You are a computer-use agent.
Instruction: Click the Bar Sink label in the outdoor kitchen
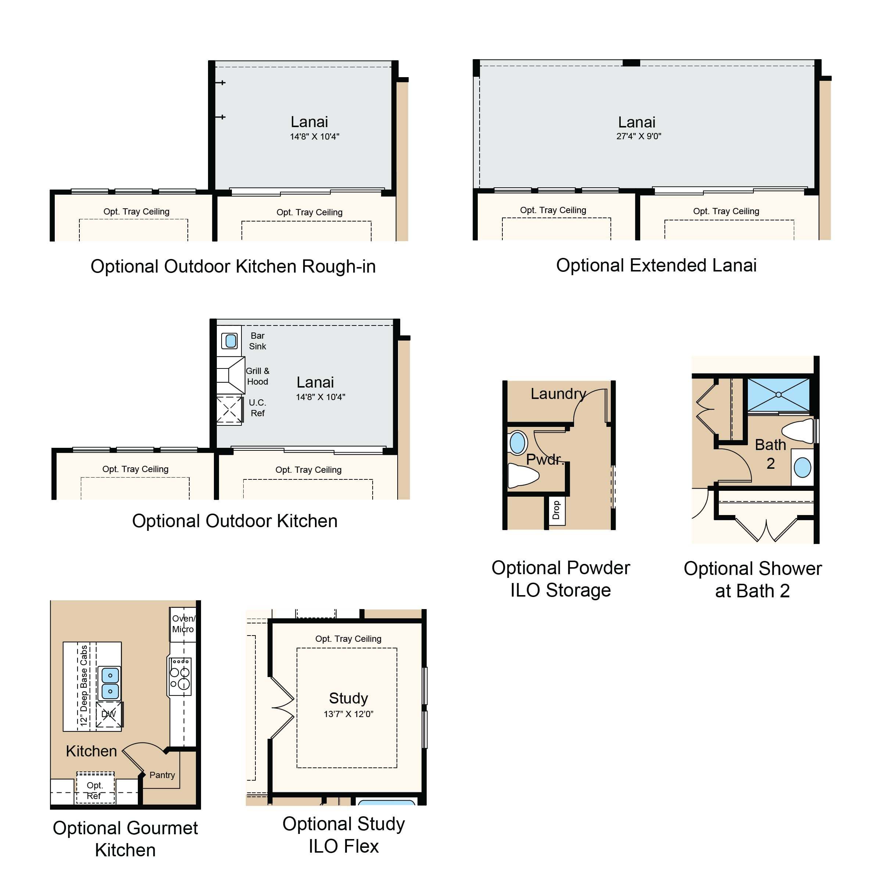tap(258, 341)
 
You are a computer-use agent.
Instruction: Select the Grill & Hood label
tap(258, 376)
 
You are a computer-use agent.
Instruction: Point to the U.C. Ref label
tap(258, 408)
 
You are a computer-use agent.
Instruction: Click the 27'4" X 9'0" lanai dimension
tap(638, 136)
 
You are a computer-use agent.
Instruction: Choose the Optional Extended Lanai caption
tap(656, 265)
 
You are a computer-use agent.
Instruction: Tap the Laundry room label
tap(558, 394)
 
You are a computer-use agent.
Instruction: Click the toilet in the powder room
tap(523, 475)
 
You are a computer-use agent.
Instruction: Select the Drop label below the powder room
tap(556, 510)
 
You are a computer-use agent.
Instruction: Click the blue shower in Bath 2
tap(779, 395)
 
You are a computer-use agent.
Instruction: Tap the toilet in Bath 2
tap(798, 431)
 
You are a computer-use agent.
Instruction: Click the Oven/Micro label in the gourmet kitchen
tap(183, 624)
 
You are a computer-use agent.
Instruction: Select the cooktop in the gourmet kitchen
tap(180, 677)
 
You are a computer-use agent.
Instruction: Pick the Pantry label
tap(162, 775)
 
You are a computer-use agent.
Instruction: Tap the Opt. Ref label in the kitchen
tap(95, 790)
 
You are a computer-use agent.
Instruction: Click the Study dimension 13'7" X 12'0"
tap(348, 714)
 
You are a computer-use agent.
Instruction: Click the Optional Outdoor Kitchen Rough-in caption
tap(233, 266)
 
